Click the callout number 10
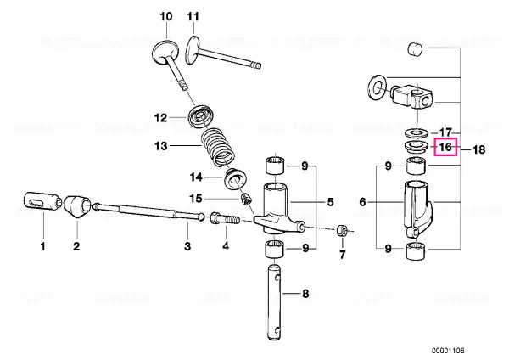tap(166, 17)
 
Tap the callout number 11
tap(193, 17)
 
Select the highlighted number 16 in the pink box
tap(445, 147)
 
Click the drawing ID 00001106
tap(448, 351)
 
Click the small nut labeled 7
tap(342, 231)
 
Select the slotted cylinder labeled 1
tap(42, 200)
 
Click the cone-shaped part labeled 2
tap(77, 206)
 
